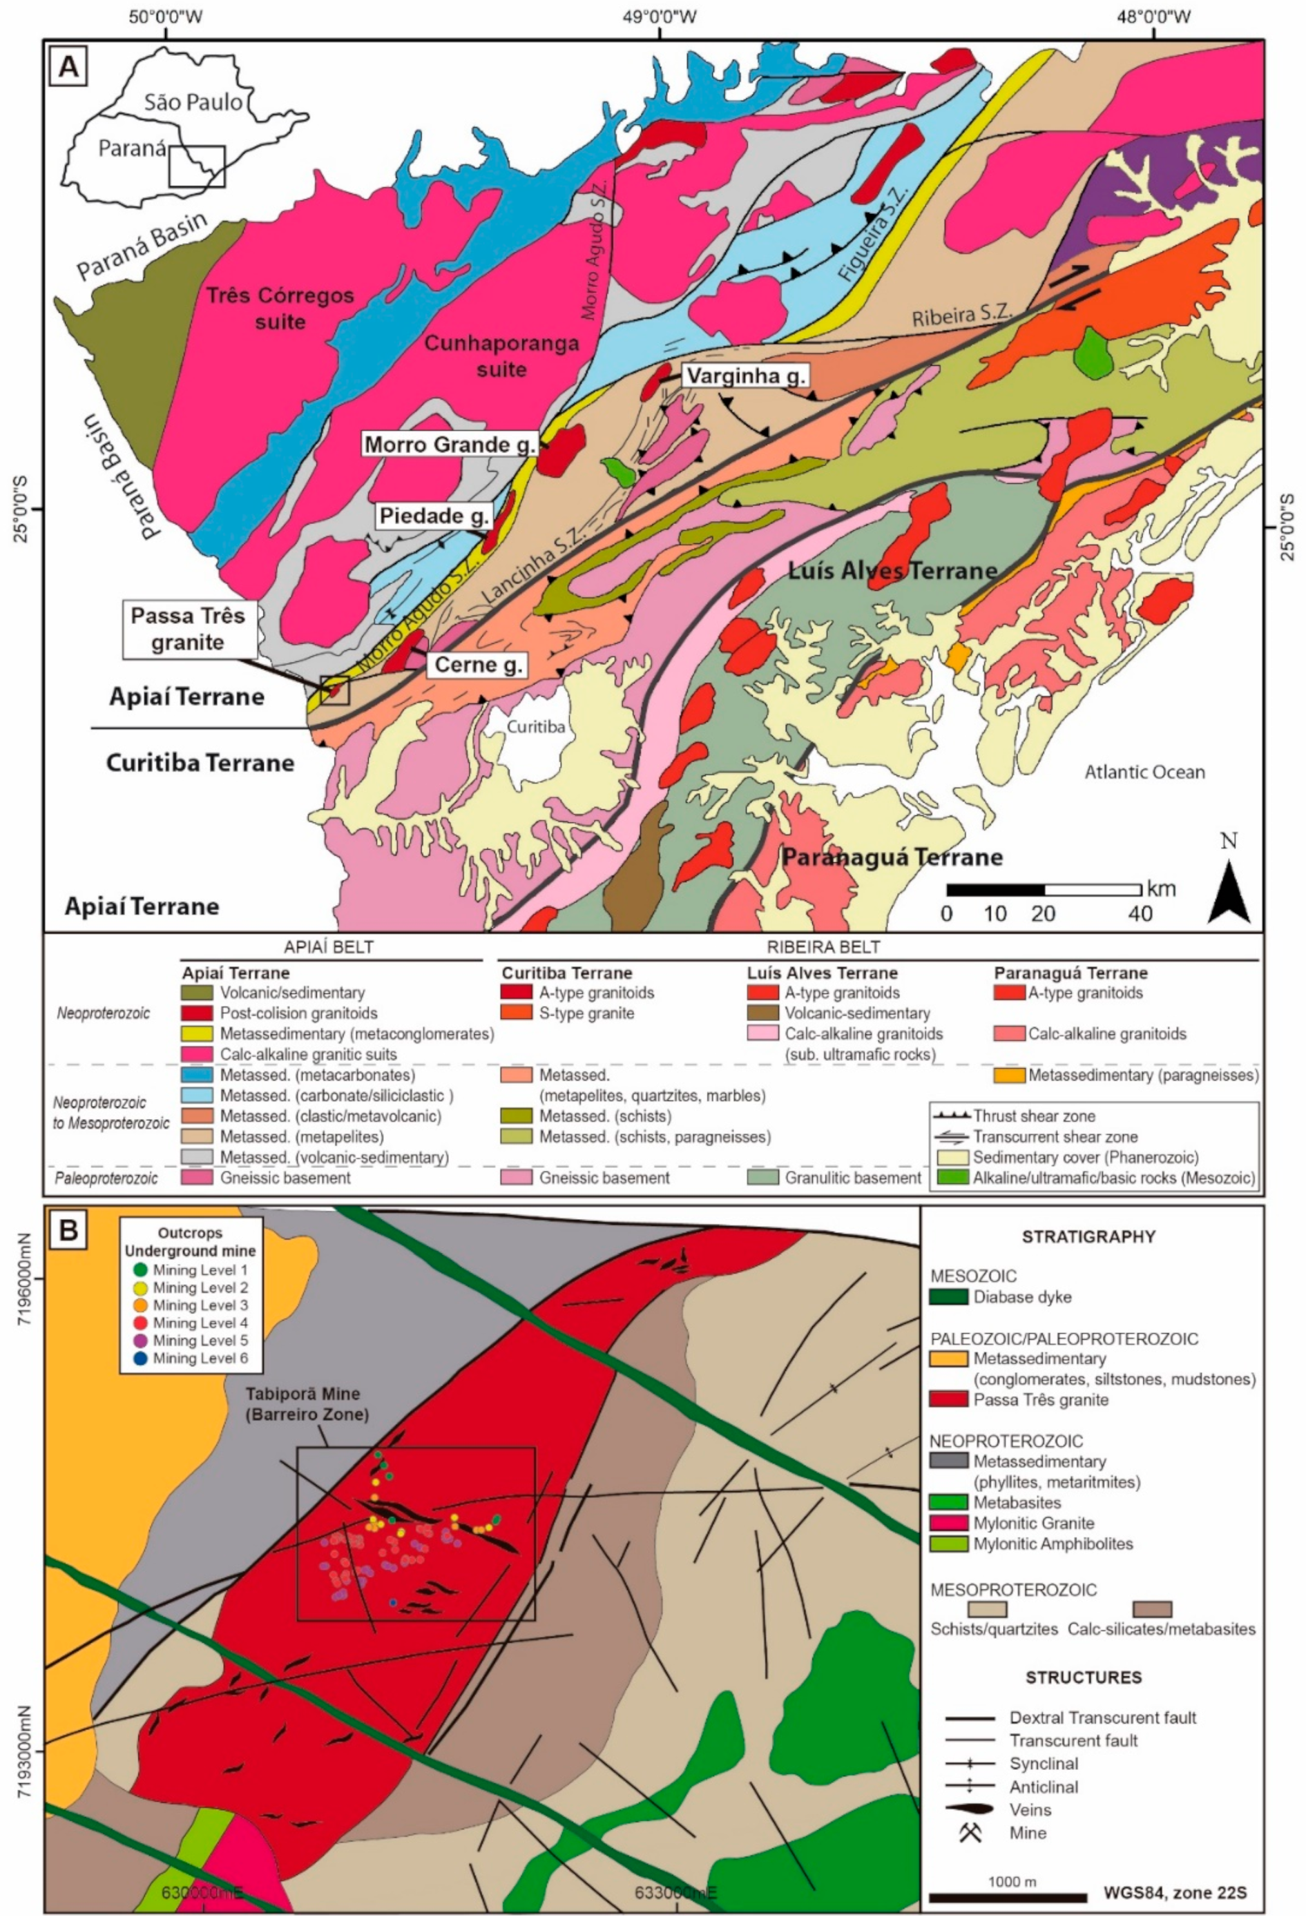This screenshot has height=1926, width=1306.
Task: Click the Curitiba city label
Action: (x=536, y=727)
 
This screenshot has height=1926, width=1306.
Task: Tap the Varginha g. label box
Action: (x=745, y=377)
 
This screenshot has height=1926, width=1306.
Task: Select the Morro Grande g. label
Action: (x=450, y=445)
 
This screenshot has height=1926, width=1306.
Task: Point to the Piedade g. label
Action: (x=433, y=516)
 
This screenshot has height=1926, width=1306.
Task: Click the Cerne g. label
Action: (x=477, y=664)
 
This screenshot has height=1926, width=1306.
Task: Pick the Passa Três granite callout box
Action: (x=189, y=630)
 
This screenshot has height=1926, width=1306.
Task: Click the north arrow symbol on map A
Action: (x=1229, y=891)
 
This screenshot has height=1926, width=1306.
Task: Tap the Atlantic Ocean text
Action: (x=1144, y=772)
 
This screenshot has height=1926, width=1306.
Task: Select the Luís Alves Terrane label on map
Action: (x=892, y=570)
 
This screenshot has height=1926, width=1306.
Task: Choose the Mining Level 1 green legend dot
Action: (x=140, y=1270)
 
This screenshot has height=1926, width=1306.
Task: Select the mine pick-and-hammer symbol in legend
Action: (x=970, y=1832)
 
